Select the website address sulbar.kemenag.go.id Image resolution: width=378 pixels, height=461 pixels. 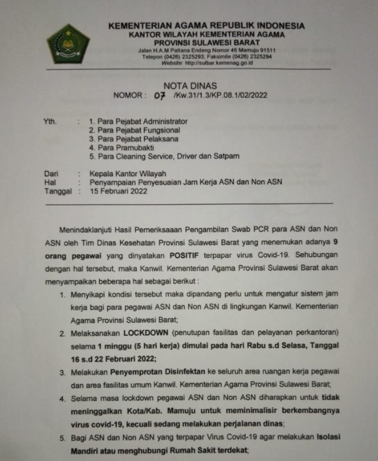216,63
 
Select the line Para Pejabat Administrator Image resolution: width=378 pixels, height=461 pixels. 138,122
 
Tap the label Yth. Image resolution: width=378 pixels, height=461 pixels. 50,122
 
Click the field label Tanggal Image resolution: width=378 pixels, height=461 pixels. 57,190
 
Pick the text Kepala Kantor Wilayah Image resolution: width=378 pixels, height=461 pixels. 128,173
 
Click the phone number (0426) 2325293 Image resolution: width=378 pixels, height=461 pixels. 199,57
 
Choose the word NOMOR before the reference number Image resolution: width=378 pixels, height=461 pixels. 129,96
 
